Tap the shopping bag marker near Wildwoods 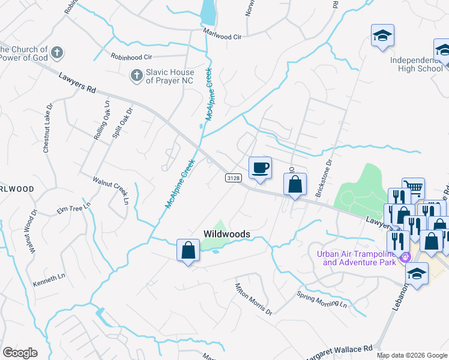(188, 250)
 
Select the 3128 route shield (234, 178)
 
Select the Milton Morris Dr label (253, 299)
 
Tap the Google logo (20, 353)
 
